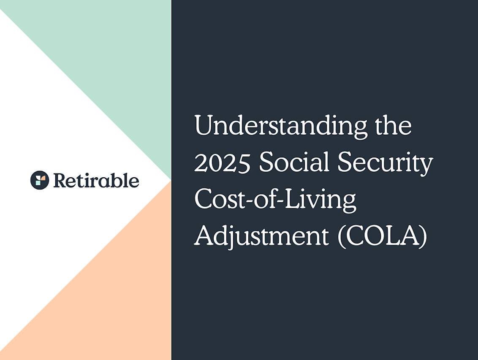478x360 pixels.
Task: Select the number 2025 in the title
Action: click(x=223, y=163)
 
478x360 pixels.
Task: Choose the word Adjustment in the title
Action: click(x=261, y=236)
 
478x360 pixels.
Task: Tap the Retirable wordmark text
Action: click(x=96, y=181)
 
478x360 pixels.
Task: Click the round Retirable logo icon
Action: click(x=40, y=180)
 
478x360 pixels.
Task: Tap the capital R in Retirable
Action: click(x=59, y=181)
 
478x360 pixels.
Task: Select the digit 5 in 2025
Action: click(x=244, y=163)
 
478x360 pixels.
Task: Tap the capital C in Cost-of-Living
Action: click(x=203, y=199)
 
